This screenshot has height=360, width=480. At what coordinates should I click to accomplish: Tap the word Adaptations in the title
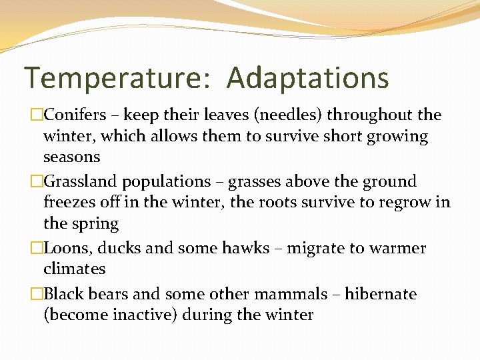307,79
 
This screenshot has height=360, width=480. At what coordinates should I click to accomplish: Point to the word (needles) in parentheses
297,115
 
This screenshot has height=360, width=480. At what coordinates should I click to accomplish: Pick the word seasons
71,157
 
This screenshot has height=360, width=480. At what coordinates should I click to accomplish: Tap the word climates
74,269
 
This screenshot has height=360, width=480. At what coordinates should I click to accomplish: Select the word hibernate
381,294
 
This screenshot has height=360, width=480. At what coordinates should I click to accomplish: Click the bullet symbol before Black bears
37,294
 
